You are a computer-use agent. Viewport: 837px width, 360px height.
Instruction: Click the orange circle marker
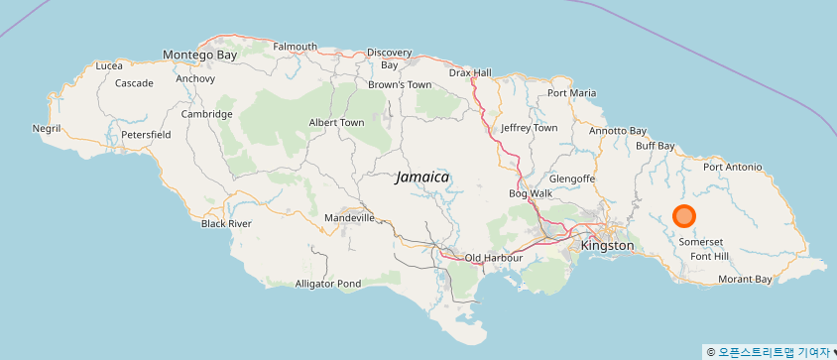point(684,216)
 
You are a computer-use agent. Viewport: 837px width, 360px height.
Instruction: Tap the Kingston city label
point(607,245)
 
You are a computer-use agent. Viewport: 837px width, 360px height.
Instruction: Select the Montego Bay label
point(199,55)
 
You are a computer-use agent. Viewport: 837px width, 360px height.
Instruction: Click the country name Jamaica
point(422,177)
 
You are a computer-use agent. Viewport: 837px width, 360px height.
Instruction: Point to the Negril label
point(47,129)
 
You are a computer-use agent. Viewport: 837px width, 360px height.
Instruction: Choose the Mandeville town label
point(349,217)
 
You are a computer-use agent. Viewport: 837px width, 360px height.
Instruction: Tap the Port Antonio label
point(732,167)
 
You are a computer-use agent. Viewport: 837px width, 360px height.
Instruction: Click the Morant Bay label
point(744,280)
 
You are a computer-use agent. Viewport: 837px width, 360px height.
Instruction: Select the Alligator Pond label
point(328,284)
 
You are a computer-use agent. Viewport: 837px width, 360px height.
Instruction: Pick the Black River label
point(226,223)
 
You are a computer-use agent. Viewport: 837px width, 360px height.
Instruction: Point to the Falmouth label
point(295,47)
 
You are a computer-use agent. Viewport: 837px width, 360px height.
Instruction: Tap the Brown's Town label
point(400,84)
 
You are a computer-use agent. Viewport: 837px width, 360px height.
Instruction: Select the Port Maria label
point(572,93)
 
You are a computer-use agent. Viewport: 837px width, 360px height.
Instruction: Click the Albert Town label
point(336,122)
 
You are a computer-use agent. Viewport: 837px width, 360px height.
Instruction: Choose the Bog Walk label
point(531,193)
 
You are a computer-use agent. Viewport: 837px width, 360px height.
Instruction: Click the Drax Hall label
point(469,72)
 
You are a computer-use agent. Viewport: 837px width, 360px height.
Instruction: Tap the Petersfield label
point(146,134)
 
